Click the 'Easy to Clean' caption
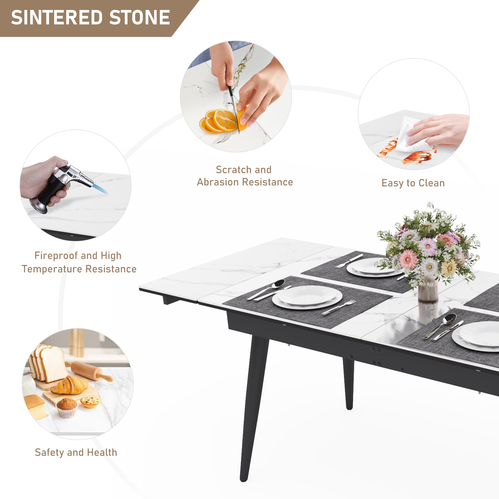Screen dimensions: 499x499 click(413, 183)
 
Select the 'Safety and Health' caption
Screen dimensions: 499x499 click(76, 452)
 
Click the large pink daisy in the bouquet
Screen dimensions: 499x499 click(409, 259)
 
